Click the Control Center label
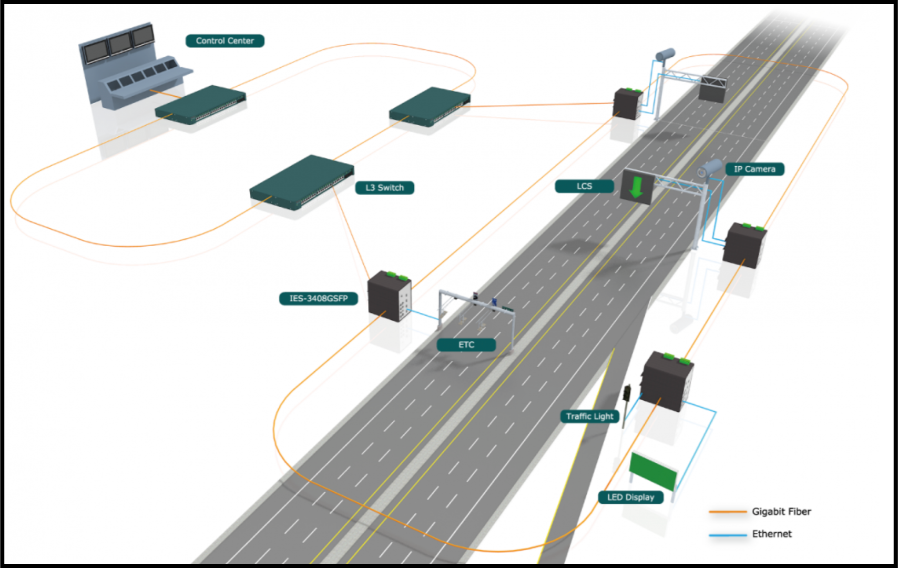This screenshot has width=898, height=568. click(x=224, y=41)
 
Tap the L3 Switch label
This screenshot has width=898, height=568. click(x=384, y=188)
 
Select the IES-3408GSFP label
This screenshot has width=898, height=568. click(x=318, y=299)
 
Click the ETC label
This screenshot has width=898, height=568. click(x=466, y=345)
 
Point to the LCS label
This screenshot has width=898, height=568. click(x=584, y=186)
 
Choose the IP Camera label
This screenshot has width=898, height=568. click(x=754, y=169)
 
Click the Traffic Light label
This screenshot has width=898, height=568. click(x=589, y=417)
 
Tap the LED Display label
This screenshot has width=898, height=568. click(x=630, y=498)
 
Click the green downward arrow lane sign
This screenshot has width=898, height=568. click(x=637, y=187)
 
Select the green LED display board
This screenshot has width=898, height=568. click(x=653, y=471)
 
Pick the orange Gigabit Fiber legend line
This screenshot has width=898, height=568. click(x=728, y=512)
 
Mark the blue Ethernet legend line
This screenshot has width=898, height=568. click(x=728, y=535)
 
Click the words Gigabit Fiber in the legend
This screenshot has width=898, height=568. click(x=781, y=512)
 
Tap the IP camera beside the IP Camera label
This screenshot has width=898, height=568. click(x=710, y=168)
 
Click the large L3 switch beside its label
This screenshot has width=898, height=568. click(x=302, y=181)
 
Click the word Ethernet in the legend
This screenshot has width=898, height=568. click(x=771, y=534)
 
